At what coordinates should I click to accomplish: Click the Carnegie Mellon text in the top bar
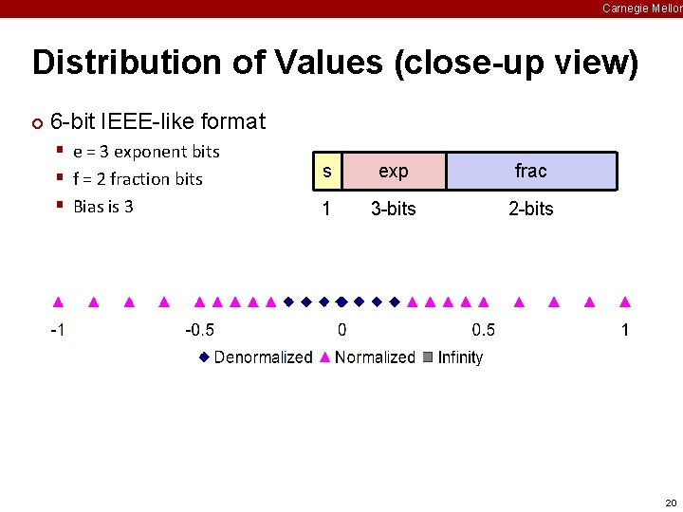(x=642, y=8)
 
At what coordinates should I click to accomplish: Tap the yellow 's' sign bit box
(x=326, y=172)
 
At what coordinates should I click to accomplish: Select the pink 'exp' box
(x=393, y=172)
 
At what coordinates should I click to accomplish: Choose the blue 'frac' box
(x=531, y=172)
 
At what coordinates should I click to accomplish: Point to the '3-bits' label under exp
(x=393, y=209)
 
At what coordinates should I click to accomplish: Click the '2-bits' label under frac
(x=531, y=209)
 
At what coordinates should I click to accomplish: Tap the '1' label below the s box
(x=326, y=209)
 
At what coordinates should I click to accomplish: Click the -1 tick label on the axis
(x=58, y=330)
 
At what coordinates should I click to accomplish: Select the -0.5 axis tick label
(x=199, y=330)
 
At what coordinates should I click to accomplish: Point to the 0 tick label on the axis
(x=341, y=330)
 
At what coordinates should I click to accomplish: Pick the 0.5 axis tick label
(x=483, y=330)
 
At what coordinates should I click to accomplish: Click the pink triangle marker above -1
(x=58, y=302)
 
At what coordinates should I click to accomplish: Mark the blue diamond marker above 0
(x=341, y=302)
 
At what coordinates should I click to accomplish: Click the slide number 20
(x=671, y=503)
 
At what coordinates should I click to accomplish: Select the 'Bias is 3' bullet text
(x=103, y=207)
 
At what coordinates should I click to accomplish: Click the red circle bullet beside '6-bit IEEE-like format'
(x=37, y=123)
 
